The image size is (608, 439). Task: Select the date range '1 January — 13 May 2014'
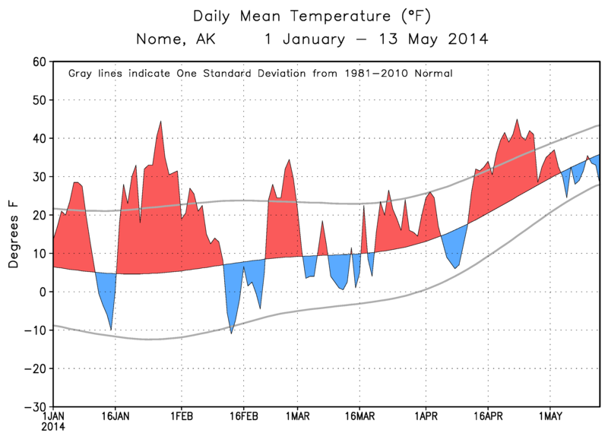[x=376, y=39]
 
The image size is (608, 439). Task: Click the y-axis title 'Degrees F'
[x=14, y=235]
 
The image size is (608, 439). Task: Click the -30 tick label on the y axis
[x=34, y=406]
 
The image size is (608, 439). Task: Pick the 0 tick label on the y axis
[x=43, y=292]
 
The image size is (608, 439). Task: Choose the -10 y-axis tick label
[x=34, y=330]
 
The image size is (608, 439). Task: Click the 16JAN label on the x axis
[x=115, y=416]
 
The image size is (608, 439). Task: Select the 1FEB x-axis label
[x=181, y=416]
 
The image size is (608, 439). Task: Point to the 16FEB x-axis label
[x=243, y=416]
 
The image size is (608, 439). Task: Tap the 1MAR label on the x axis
[x=297, y=416]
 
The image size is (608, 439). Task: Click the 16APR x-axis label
[x=487, y=416]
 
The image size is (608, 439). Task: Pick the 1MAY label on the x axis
[x=549, y=416]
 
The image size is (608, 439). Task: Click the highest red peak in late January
[x=160, y=122]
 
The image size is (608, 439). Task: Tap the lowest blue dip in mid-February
[x=232, y=333]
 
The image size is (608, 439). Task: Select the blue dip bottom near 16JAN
[x=112, y=329]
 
